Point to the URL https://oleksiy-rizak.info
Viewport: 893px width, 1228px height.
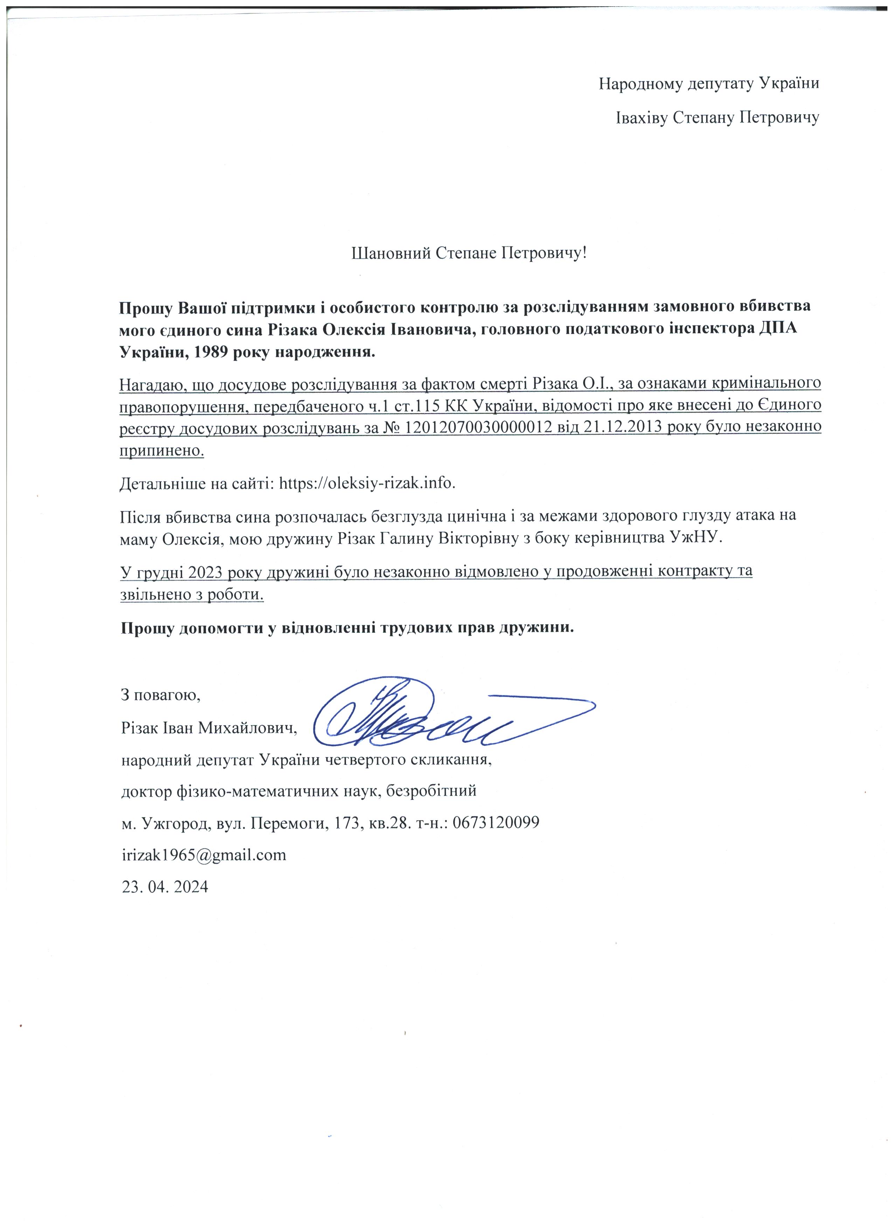367,483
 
